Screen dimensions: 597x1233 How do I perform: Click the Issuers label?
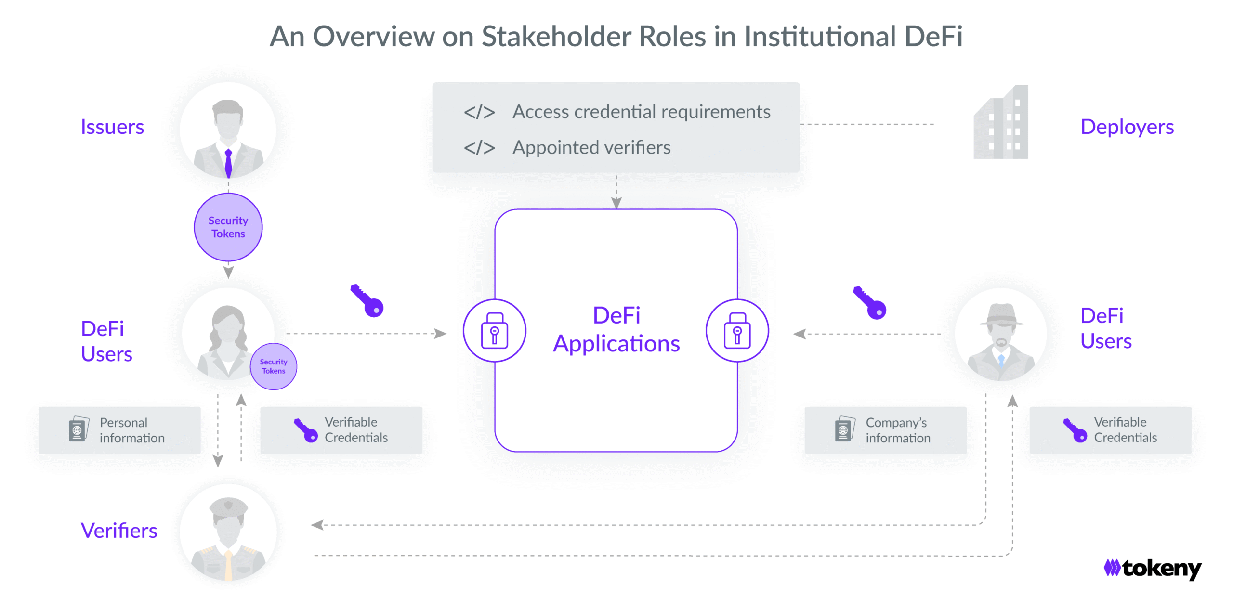[112, 127]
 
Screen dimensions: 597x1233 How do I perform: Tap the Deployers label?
[1127, 127]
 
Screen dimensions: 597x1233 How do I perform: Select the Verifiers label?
[119, 531]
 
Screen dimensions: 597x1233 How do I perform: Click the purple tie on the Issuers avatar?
[228, 163]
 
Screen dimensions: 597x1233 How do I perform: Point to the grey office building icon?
[1001, 123]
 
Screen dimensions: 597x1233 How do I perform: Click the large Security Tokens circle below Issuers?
[228, 227]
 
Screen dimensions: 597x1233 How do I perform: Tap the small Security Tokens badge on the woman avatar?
[274, 366]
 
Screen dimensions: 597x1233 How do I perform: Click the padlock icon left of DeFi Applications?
[494, 331]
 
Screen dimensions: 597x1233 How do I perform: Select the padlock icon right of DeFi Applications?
[737, 331]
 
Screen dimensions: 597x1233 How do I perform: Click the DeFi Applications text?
[616, 330]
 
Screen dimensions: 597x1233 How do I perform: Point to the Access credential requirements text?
[641, 112]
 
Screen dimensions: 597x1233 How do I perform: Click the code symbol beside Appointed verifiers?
[479, 148]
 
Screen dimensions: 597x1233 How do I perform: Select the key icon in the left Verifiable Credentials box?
[306, 430]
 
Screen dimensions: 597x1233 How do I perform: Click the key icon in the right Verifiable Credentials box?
[1075, 430]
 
